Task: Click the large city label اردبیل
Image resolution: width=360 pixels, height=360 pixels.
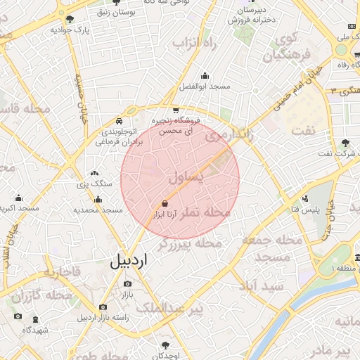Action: point(130,261)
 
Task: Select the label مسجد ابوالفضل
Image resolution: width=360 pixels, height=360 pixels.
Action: point(205,86)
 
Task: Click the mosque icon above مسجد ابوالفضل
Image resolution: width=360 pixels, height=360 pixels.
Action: point(205,76)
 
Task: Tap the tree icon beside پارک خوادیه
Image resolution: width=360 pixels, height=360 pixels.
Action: point(94,30)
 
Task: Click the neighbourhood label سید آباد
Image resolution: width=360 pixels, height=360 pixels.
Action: point(259,286)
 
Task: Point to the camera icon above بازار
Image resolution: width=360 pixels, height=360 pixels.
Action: point(127,283)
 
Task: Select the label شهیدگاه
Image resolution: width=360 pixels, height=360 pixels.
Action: point(34,330)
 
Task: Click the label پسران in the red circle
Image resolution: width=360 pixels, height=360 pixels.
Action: point(188,176)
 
